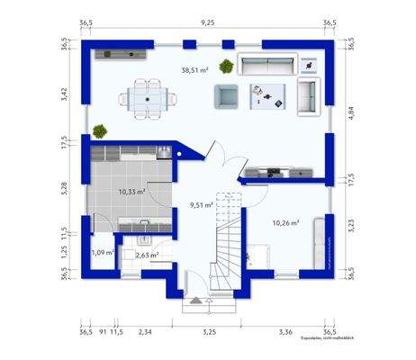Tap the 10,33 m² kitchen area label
click(x=132, y=192)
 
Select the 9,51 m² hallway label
click(x=201, y=205)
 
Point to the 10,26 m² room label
click(x=285, y=222)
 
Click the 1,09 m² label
click(x=102, y=253)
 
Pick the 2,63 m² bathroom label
click(x=147, y=256)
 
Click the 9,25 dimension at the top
click(x=208, y=22)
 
